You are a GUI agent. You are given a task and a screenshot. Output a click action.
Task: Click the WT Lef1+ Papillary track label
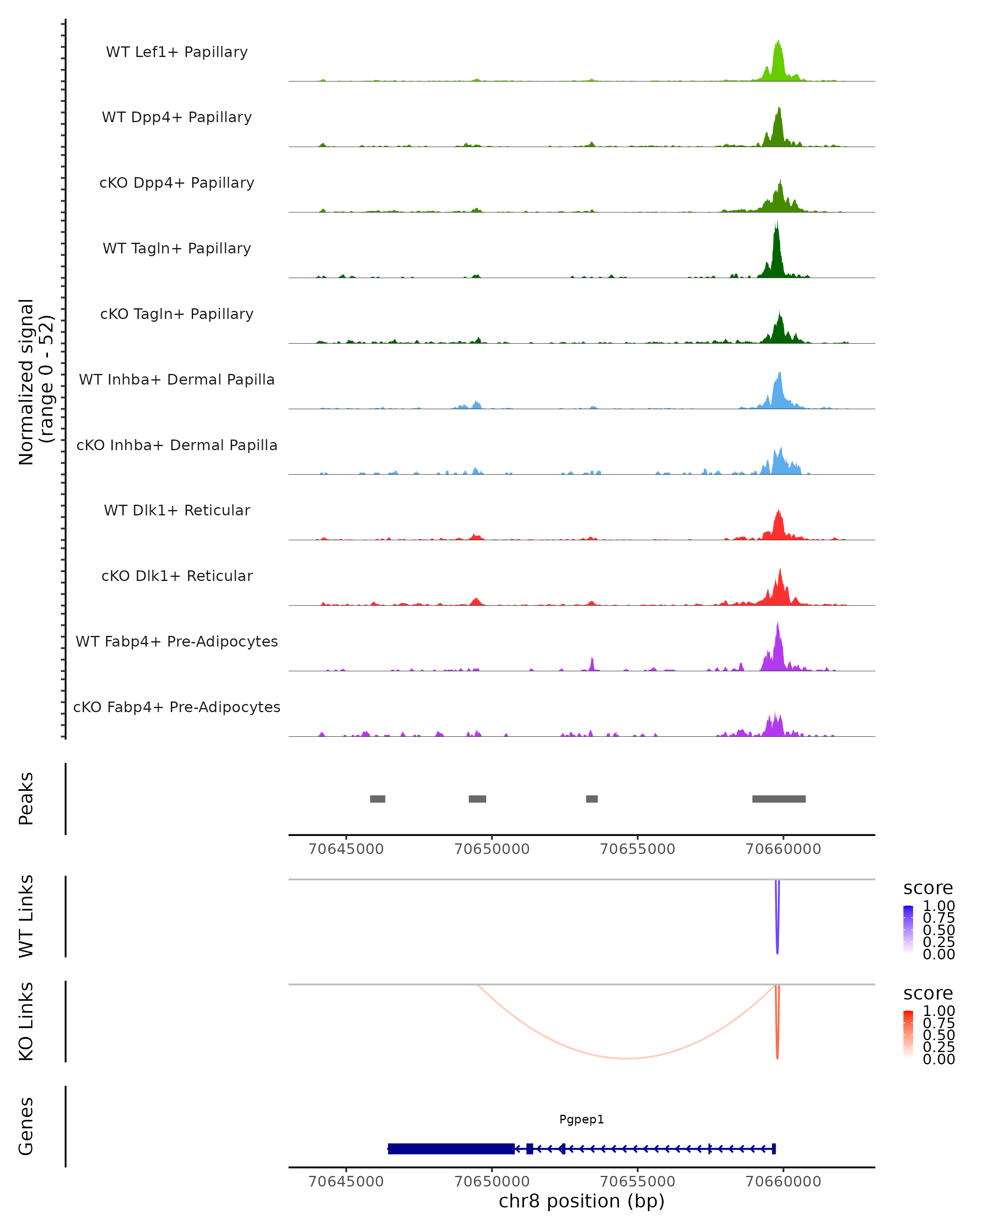pyautogui.click(x=177, y=52)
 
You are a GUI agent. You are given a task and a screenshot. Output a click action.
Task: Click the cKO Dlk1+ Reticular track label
pyautogui.click(x=177, y=576)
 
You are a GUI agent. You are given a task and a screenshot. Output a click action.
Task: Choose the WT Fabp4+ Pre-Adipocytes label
pyautogui.click(x=177, y=641)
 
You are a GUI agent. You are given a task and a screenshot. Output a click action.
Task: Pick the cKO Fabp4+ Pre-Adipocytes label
pyautogui.click(x=177, y=707)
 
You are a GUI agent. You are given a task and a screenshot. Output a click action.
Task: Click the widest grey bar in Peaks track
pyautogui.click(x=779, y=799)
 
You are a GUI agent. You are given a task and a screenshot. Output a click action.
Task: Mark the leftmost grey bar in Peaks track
pyautogui.click(x=377, y=799)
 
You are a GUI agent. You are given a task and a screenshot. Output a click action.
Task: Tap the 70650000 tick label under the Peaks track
pyautogui.click(x=492, y=849)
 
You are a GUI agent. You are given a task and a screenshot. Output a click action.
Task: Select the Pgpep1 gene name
pyautogui.click(x=581, y=1119)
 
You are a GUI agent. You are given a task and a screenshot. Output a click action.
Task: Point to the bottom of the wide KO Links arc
pyautogui.click(x=626, y=1058)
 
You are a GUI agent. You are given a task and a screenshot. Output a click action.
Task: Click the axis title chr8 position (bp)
pyautogui.click(x=581, y=1201)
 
